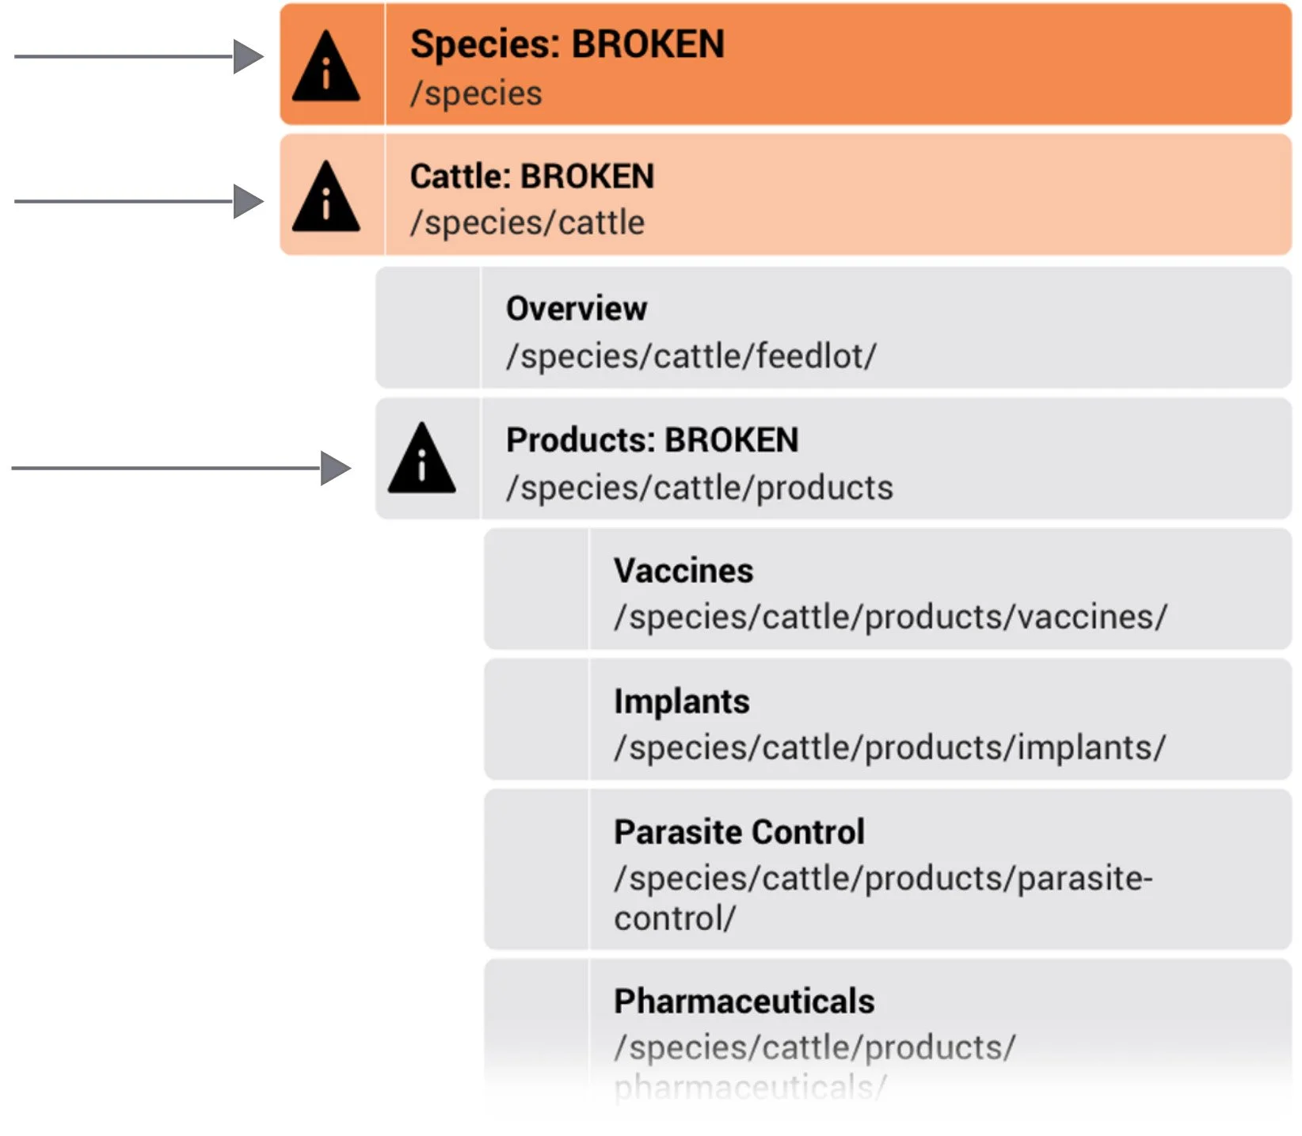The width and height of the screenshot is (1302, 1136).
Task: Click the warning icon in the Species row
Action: (x=326, y=68)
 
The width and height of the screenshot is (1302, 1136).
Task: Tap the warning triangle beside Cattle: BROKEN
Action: (x=326, y=198)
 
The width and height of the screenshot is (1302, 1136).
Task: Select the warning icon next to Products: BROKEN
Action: (x=422, y=461)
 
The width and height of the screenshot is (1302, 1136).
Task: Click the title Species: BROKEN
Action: (x=567, y=44)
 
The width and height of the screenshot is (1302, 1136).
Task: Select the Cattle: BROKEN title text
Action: (x=532, y=177)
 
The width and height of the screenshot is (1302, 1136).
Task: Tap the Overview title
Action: (x=577, y=309)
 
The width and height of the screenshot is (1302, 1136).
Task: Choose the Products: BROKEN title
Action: (x=652, y=440)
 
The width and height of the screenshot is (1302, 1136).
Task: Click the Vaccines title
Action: (x=683, y=571)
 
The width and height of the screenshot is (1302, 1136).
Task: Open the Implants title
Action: (x=681, y=701)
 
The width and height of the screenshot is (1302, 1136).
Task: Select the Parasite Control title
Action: (x=739, y=832)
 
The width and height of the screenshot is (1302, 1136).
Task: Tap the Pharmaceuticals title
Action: (x=744, y=1001)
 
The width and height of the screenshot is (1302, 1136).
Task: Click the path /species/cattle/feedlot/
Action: (x=691, y=356)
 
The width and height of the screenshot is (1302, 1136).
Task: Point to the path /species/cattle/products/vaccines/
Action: (x=890, y=617)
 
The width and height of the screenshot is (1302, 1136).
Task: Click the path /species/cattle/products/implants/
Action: (x=889, y=748)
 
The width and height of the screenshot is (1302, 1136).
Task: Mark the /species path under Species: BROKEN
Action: (x=476, y=93)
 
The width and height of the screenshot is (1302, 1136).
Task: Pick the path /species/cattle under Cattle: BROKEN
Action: (x=527, y=222)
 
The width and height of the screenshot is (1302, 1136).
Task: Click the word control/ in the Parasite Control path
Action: (x=675, y=919)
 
